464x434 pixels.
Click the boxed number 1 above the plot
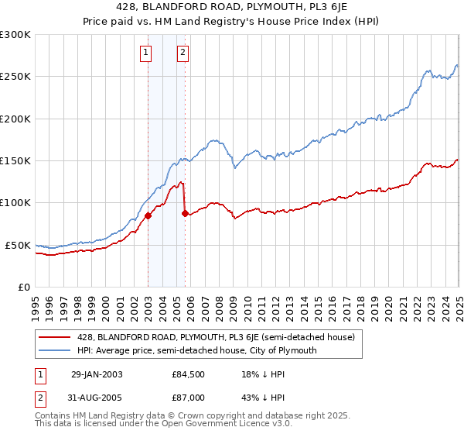pos(146,53)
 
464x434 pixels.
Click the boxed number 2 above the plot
pos(183,53)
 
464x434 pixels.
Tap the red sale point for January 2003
pos(148,216)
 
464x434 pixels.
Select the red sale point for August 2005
pos(185,214)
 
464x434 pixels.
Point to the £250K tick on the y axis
pos(15,77)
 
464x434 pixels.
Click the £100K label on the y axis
pos(15,203)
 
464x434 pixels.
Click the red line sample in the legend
pos(55,337)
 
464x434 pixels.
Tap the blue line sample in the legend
pos(55,350)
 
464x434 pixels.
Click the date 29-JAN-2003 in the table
pos(97,374)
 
